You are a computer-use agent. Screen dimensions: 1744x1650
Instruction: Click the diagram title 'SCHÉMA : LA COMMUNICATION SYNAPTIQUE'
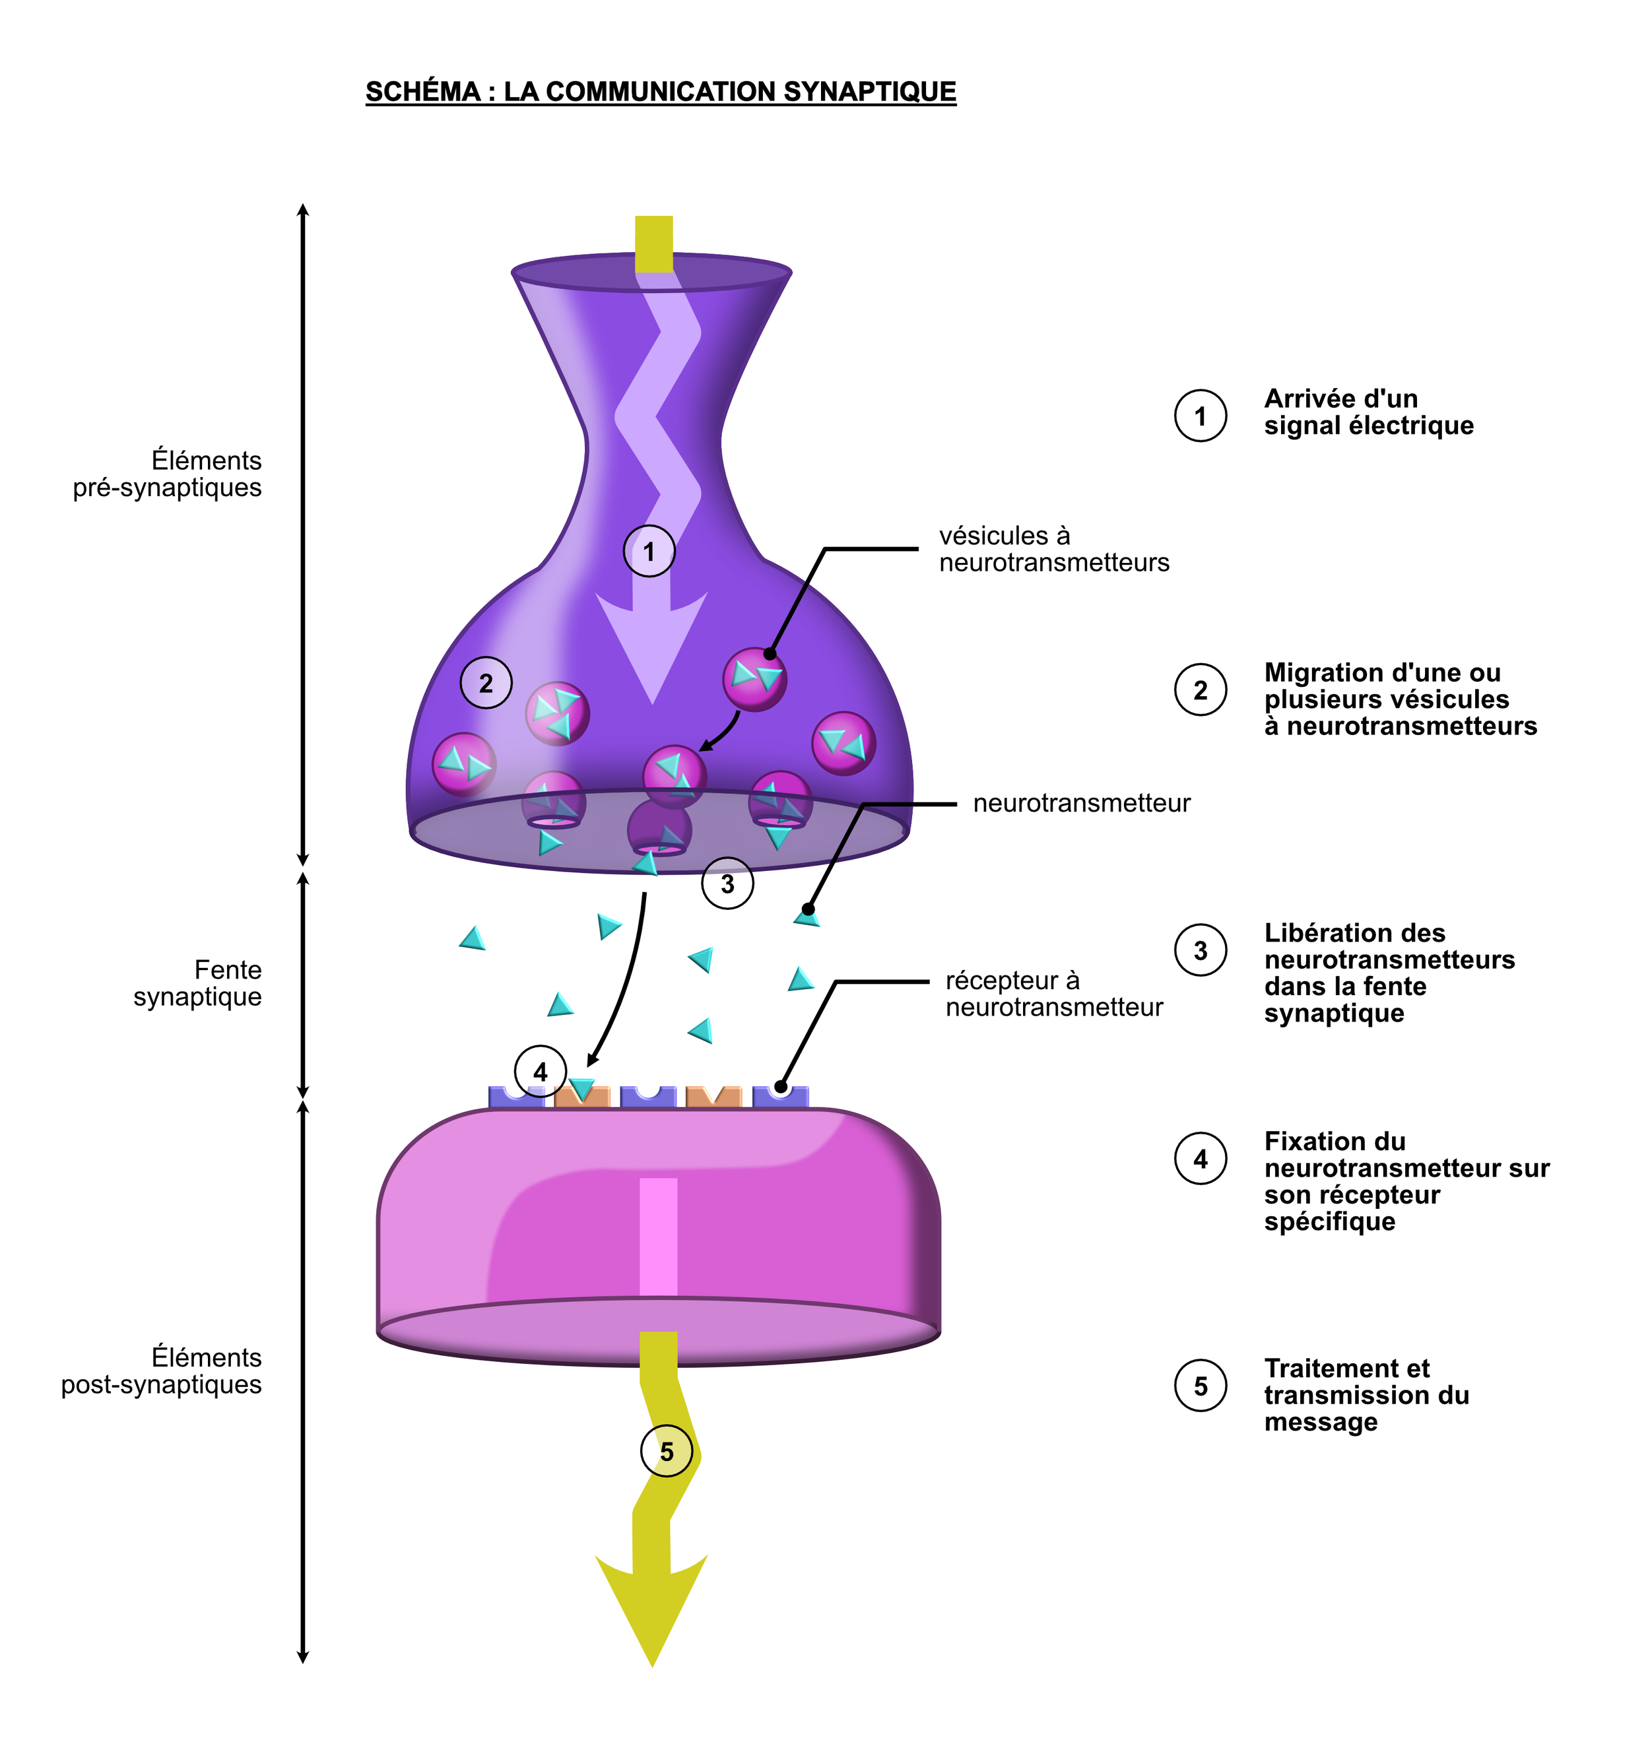point(661,92)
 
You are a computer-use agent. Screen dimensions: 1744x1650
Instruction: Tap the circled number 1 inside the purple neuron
point(649,552)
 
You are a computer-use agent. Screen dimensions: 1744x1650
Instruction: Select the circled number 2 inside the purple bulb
point(486,682)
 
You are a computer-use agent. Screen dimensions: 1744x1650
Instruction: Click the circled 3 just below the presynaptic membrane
point(727,884)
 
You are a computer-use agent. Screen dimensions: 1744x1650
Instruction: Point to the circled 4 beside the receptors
point(540,1071)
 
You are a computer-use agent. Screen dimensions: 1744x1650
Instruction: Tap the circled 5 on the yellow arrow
point(667,1451)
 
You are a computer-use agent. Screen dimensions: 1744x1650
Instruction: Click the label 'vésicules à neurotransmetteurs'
point(1053,549)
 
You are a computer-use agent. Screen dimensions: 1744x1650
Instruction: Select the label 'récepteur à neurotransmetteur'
point(1053,994)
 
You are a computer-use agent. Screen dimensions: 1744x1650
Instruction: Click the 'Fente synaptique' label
point(198,983)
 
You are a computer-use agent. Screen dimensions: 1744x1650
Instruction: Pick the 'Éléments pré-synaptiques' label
point(168,474)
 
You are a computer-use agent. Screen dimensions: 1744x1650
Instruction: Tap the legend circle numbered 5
point(1201,1386)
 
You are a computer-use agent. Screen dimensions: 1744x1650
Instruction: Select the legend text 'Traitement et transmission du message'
point(1366,1395)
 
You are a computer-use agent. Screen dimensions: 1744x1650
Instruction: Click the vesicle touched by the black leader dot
point(754,679)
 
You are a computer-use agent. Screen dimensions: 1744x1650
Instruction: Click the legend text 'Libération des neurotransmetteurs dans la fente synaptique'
point(1389,973)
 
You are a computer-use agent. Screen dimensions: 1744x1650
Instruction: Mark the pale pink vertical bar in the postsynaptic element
point(658,1237)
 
